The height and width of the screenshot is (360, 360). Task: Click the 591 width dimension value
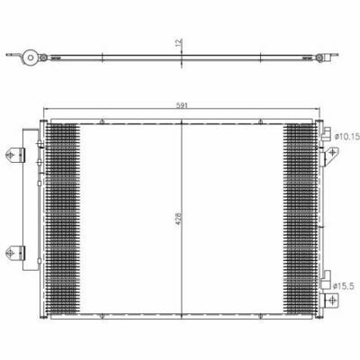coord(182,105)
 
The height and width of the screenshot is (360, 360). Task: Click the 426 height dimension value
coord(178,220)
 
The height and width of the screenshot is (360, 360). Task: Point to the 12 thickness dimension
coord(179,43)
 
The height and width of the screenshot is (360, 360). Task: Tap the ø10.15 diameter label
coord(347,137)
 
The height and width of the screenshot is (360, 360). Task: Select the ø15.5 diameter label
coord(344,286)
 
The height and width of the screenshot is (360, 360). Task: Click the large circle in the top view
coord(30,57)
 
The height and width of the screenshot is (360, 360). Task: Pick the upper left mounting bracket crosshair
coord(11,155)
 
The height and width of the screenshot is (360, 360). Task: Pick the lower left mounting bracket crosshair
coord(11,253)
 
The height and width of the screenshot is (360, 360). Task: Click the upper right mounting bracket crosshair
coord(332,153)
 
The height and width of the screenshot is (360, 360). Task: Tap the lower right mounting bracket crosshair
coord(332,300)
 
